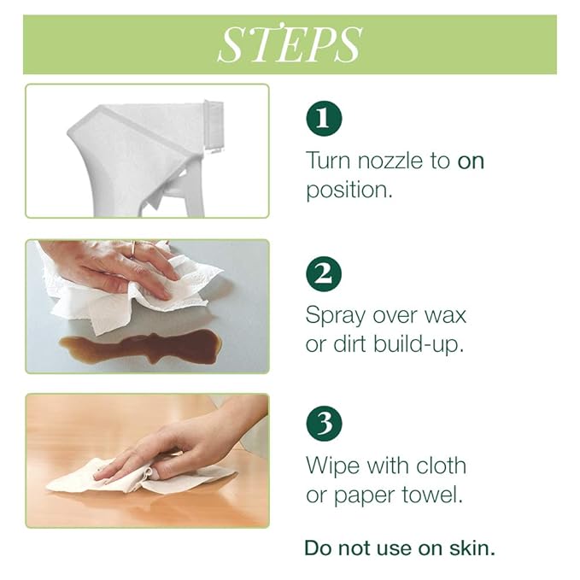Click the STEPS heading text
click(x=290, y=44)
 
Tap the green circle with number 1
click(x=323, y=119)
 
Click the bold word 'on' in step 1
click(x=471, y=161)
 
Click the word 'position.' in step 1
click(x=349, y=190)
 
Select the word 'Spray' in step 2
click(x=338, y=315)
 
